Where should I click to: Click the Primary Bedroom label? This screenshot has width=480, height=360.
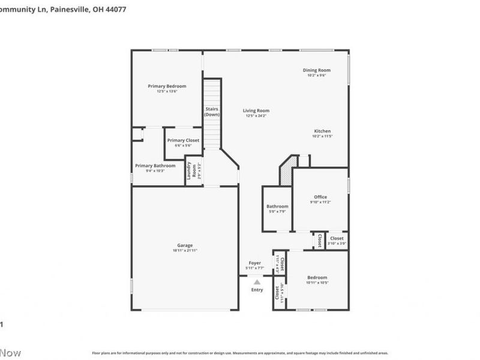(167, 86)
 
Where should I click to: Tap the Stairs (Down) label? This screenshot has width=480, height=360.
(212, 112)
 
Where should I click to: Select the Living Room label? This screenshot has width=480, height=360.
(256, 110)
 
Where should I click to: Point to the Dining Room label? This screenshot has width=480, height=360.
(316, 70)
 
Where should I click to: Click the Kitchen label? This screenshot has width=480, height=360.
(322, 131)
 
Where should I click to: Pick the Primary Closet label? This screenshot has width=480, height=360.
(183, 140)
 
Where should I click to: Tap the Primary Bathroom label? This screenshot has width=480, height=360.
(155, 166)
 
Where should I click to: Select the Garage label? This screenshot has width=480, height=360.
(184, 245)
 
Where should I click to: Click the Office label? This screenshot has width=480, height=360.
(320, 197)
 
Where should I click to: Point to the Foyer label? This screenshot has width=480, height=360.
(255, 263)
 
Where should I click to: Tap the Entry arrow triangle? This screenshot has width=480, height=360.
(257, 281)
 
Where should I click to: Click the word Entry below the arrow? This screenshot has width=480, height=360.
(257, 290)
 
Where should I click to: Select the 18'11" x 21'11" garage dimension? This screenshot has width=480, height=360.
(184, 250)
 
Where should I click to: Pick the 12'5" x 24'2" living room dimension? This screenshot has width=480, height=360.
(256, 115)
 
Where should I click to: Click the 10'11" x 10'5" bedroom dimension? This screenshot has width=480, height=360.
(317, 282)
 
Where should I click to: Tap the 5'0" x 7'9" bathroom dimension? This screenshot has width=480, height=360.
(277, 211)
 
